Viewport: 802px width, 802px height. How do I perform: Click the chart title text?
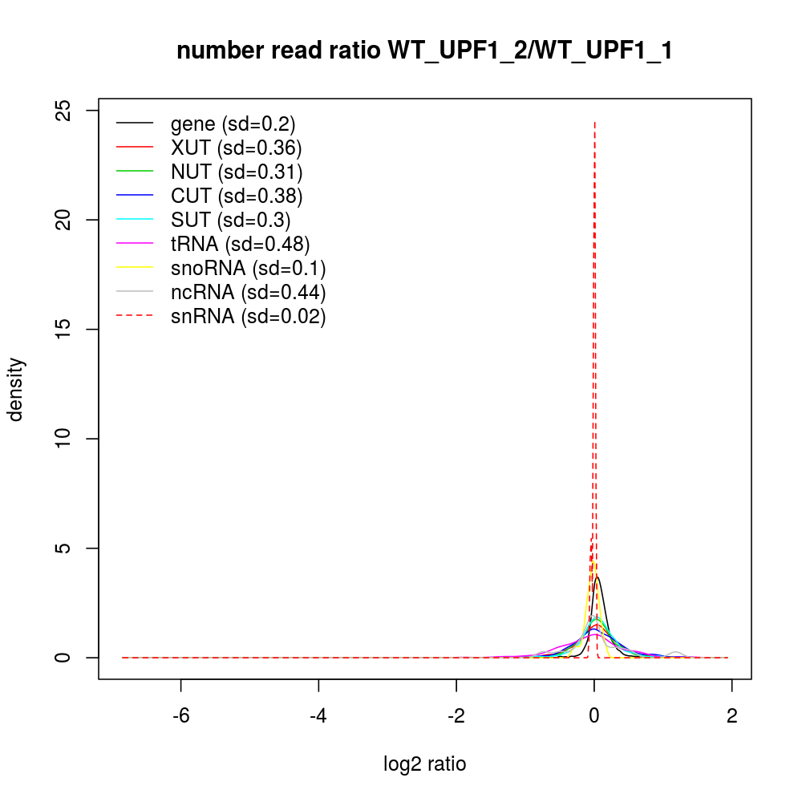tap(424, 51)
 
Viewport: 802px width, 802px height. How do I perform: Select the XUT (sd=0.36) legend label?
tap(236, 148)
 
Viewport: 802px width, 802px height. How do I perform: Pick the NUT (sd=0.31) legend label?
tap(237, 172)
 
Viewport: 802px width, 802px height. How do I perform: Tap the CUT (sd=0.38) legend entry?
tap(237, 196)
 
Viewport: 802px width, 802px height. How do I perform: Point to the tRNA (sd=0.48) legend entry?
tap(240, 244)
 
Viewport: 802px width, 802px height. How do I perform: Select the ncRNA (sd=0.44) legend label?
tap(248, 292)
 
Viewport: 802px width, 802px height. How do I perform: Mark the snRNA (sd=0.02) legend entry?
tap(248, 316)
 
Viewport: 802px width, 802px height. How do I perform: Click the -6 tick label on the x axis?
tap(180, 717)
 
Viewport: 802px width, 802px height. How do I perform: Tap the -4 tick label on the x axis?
tap(318, 717)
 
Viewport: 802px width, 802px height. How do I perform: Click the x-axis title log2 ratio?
tap(424, 764)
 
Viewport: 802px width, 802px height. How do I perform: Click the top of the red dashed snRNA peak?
tap(594, 123)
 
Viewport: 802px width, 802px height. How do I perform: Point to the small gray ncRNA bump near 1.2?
tap(676, 653)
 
